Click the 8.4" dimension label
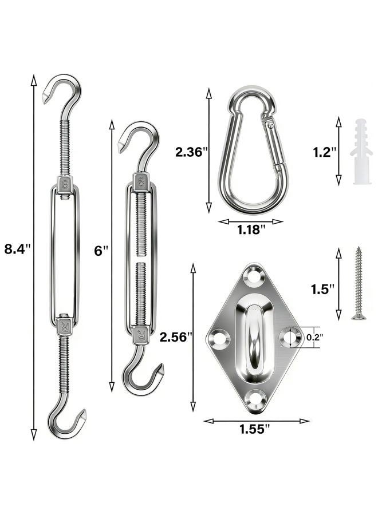click(x=17, y=249)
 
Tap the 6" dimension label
click(x=101, y=251)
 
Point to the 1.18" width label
click(x=251, y=229)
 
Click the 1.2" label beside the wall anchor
click(x=325, y=152)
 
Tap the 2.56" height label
click(x=176, y=337)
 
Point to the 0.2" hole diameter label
click(x=314, y=336)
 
